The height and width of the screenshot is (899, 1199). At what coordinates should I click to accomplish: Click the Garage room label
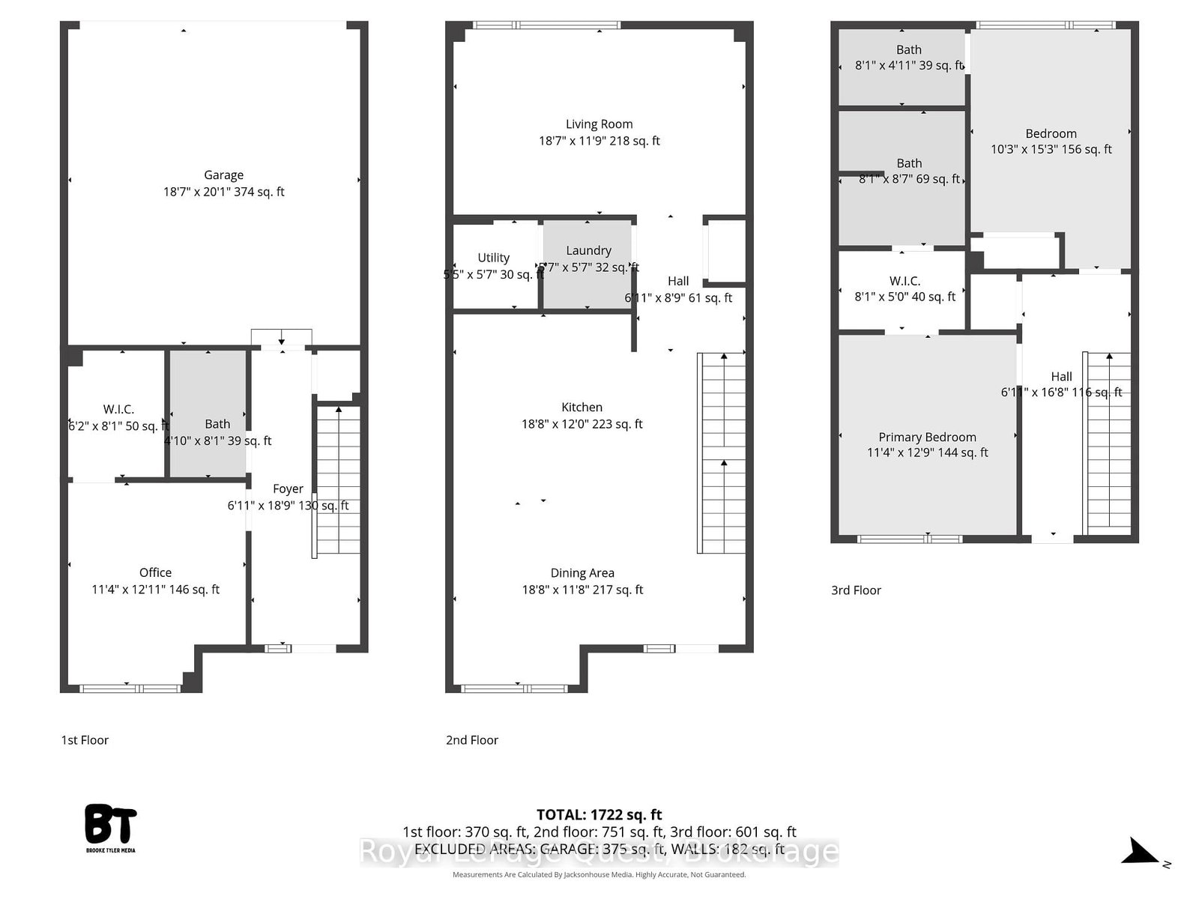(223, 175)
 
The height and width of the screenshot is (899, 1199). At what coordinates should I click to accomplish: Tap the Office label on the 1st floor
(155, 572)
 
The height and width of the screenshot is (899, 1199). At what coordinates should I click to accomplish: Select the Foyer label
(288, 488)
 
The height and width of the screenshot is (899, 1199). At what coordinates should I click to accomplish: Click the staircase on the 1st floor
(338, 479)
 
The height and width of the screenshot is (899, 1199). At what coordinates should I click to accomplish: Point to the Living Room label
(599, 124)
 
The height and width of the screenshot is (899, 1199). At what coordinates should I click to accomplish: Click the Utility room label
(493, 258)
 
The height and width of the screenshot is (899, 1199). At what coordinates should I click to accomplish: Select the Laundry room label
(588, 250)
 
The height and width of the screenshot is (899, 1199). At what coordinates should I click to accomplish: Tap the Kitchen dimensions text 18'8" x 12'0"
(582, 424)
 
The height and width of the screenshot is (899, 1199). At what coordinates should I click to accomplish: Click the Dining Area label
(582, 573)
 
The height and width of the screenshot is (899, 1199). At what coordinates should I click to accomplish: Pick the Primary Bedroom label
(927, 437)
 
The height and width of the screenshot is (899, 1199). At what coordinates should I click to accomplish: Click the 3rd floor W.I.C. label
(904, 281)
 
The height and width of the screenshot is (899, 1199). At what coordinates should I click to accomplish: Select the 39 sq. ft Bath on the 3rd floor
(908, 50)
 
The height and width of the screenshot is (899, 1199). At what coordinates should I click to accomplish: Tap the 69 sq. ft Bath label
(909, 163)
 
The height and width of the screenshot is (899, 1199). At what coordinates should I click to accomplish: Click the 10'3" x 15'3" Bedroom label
(1051, 134)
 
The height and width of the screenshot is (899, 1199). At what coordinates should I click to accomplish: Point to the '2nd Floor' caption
(472, 740)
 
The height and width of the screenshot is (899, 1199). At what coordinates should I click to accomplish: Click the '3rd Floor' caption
(856, 590)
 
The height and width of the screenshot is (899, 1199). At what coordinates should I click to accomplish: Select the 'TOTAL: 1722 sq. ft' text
(599, 814)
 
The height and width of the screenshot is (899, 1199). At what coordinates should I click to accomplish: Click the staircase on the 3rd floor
(1108, 442)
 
